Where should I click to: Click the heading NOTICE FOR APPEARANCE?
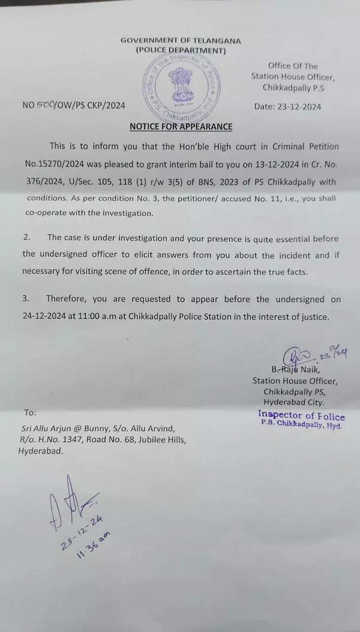coord(180,127)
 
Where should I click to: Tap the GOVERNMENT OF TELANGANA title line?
coord(181,41)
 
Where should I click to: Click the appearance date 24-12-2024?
coord(46,317)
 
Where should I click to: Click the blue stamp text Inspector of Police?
coord(301,415)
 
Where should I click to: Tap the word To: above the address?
coord(30,413)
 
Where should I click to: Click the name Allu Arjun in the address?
coord(56,427)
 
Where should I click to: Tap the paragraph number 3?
coord(26,299)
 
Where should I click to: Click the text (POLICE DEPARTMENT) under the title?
coord(181,50)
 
